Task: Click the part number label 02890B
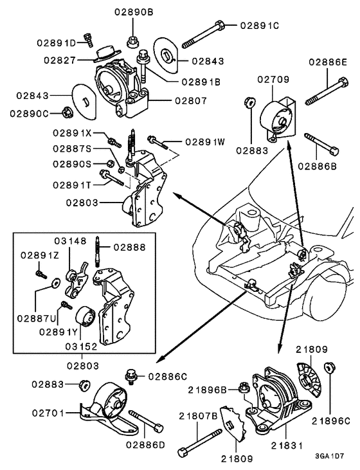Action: pyautogui.click(x=134, y=12)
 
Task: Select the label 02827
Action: pyautogui.click(x=62, y=60)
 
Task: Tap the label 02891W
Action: pyautogui.click(x=204, y=142)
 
